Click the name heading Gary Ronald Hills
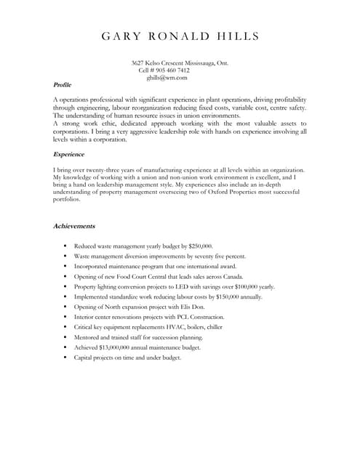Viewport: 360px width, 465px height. click(x=180, y=36)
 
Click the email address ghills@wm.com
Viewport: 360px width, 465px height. click(x=167, y=78)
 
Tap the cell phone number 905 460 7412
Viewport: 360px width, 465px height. click(x=174, y=70)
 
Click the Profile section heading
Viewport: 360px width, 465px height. click(x=63, y=85)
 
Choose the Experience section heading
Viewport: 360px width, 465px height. click(x=69, y=154)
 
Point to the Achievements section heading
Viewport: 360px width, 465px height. click(x=74, y=226)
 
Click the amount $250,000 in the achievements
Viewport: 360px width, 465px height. click(x=200, y=246)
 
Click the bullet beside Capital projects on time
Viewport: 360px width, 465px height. click(x=65, y=358)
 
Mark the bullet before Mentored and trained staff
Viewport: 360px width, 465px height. click(x=65, y=338)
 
